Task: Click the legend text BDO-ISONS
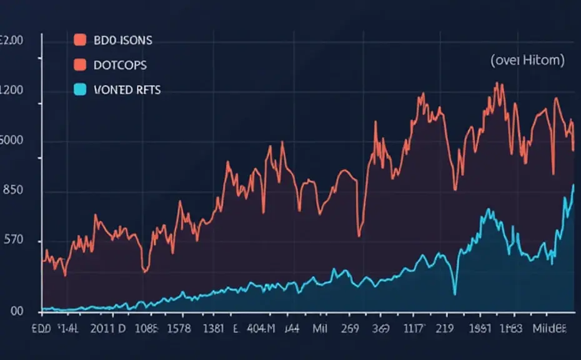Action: pos(122,41)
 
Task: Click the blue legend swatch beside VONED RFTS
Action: pos(79,90)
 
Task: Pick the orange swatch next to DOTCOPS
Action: pos(79,65)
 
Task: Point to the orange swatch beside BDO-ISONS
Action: pos(79,41)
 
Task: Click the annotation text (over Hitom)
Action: pos(527,61)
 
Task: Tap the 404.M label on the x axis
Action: pos(261,328)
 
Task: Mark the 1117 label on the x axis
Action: pos(414,328)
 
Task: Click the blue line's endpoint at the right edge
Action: pos(574,185)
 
